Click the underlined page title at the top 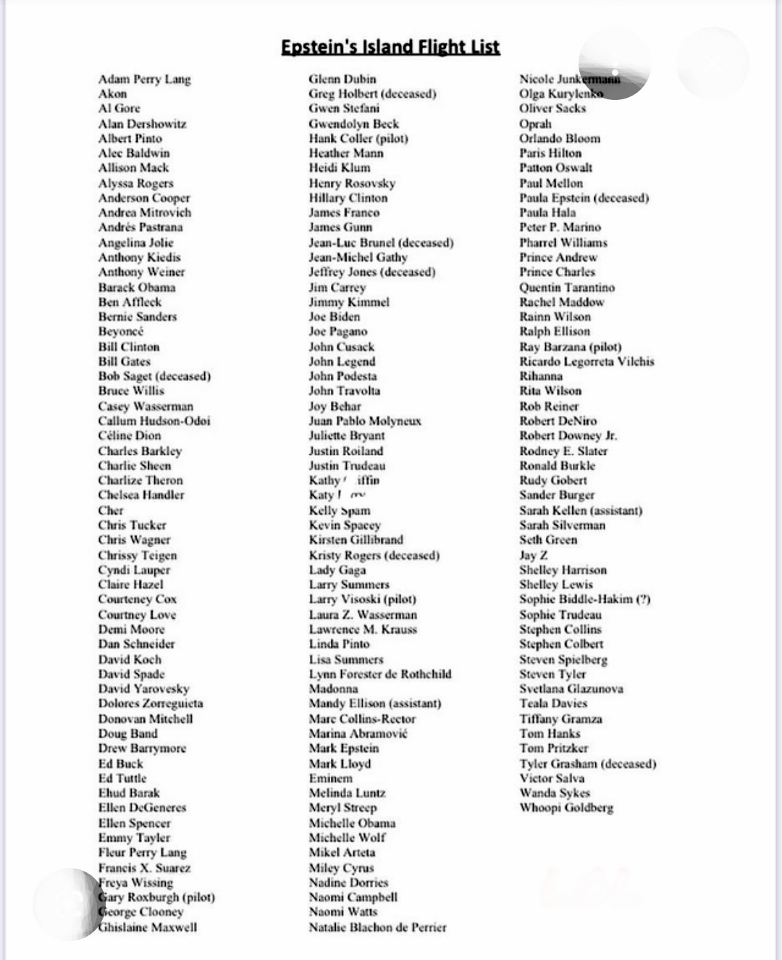point(390,47)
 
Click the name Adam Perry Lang point(145,79)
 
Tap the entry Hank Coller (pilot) point(358,138)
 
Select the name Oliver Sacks point(552,109)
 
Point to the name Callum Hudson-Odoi point(154,421)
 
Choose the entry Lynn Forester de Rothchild point(380,674)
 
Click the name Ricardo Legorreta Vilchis point(586,362)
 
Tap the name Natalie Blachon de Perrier point(377,927)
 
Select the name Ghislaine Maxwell point(148,927)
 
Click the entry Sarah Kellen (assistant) point(581,510)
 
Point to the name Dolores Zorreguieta point(151,704)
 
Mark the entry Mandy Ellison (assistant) point(375,704)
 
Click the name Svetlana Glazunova point(571,689)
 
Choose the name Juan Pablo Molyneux point(365,421)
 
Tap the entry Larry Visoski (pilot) point(363,599)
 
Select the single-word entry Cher point(111,510)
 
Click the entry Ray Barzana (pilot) point(571,346)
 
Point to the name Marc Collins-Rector point(362,719)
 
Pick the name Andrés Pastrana point(140,228)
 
